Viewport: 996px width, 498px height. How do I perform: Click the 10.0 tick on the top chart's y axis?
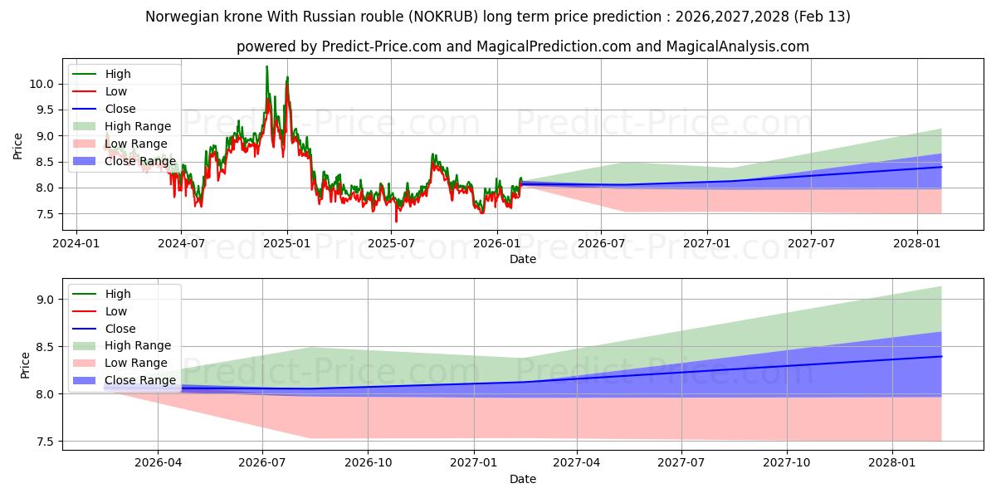tap(42, 84)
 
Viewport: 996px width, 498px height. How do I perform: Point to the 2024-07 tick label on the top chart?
tap(181, 243)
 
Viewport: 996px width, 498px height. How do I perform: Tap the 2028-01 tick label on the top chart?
tap(917, 243)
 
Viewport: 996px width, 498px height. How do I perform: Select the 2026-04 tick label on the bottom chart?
tap(158, 463)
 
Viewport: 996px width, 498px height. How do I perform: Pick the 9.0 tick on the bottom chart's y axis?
tap(46, 300)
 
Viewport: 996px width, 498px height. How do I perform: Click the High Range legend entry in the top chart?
tap(138, 126)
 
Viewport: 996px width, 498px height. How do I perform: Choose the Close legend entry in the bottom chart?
tap(120, 329)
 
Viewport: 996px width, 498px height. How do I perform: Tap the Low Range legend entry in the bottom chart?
tap(137, 363)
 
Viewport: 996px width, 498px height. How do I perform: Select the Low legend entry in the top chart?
tap(117, 91)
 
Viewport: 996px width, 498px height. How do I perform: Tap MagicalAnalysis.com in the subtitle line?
tap(739, 46)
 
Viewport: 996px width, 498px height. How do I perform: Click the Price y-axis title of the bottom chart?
tap(25, 365)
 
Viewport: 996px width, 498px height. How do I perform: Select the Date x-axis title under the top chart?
tap(523, 259)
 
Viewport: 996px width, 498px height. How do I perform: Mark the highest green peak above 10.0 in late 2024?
tap(266, 66)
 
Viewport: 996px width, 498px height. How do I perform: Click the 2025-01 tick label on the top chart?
tap(287, 243)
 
